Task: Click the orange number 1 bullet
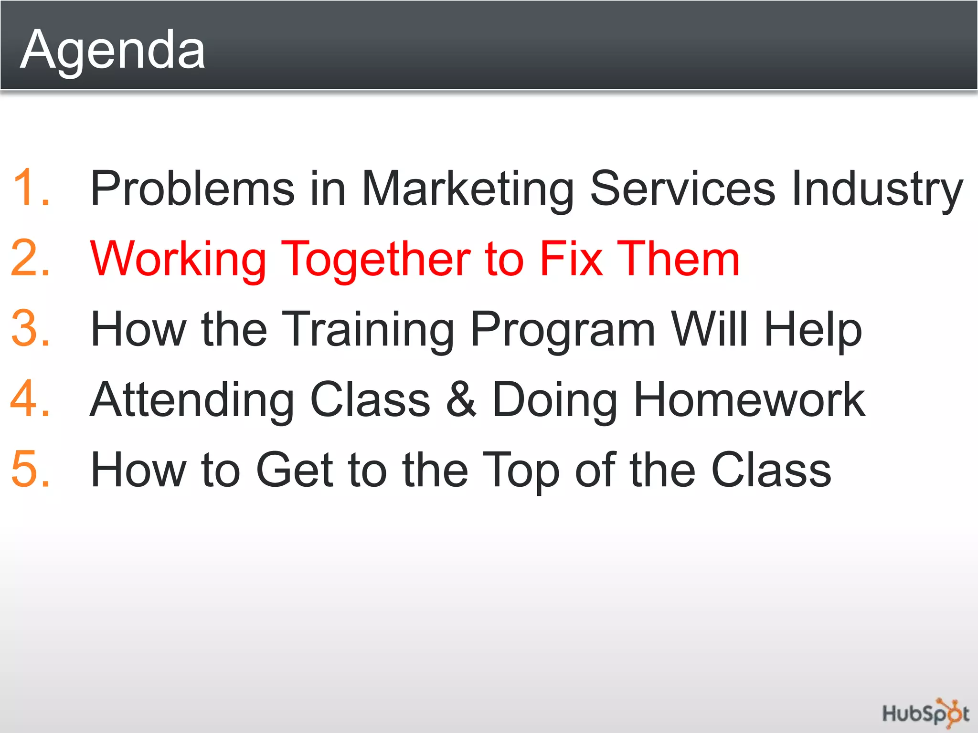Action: [x=30, y=188]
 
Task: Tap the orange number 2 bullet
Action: [x=30, y=258]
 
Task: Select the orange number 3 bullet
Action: [x=30, y=328]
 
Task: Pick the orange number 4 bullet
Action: [x=30, y=399]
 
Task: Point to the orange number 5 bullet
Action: [x=30, y=470]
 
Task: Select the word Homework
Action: [x=749, y=399]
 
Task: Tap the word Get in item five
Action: [x=294, y=470]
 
